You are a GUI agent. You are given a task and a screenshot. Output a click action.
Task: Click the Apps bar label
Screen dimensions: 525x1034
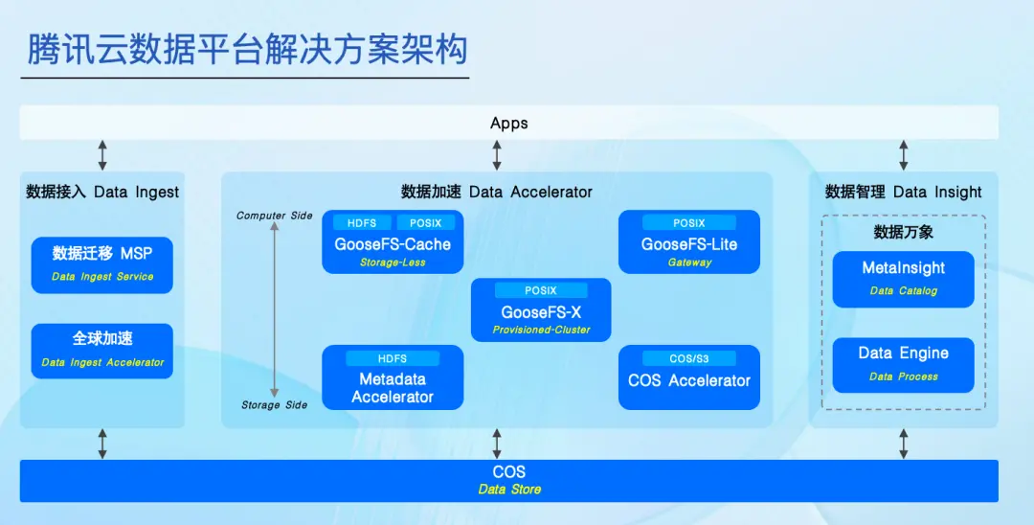point(508,124)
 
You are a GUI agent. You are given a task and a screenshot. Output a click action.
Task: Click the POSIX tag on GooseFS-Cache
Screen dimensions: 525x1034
point(426,223)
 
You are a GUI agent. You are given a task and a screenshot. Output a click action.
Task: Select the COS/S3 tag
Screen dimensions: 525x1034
point(689,358)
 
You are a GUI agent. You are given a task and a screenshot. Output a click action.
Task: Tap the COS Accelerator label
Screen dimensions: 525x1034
point(689,380)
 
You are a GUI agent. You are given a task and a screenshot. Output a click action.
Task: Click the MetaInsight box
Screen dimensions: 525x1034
point(903,278)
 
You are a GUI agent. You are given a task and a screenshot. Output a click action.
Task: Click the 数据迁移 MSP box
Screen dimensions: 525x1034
point(102,264)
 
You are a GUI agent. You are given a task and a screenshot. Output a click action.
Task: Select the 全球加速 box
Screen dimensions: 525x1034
point(102,351)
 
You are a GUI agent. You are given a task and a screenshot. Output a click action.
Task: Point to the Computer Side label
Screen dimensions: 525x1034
point(275,216)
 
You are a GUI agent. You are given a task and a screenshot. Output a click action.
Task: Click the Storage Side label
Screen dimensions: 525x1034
point(275,405)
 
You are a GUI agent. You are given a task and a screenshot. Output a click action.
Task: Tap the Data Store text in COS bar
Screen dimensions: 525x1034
point(509,490)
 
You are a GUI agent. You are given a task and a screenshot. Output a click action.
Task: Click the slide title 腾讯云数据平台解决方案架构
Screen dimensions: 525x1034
point(247,50)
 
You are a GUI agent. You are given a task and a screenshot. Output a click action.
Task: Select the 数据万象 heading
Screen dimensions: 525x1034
point(903,233)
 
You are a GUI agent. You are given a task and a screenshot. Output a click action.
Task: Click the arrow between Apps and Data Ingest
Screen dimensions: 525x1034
point(102,155)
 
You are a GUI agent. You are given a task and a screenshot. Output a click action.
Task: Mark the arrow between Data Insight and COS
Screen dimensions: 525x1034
point(903,443)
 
